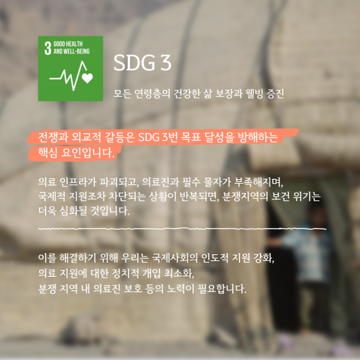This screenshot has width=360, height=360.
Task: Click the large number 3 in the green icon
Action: tap(47, 48)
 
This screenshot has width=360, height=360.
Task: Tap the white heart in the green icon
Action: tap(88, 78)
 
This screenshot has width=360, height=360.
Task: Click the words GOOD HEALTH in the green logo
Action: tap(68, 44)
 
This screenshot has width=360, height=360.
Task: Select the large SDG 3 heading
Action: tap(142, 62)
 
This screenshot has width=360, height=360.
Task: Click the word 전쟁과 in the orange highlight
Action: tap(53, 137)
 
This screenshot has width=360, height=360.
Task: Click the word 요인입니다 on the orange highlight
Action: tap(88, 152)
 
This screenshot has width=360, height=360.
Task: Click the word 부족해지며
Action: tap(259, 182)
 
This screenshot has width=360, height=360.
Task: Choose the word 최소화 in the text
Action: tap(179, 273)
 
